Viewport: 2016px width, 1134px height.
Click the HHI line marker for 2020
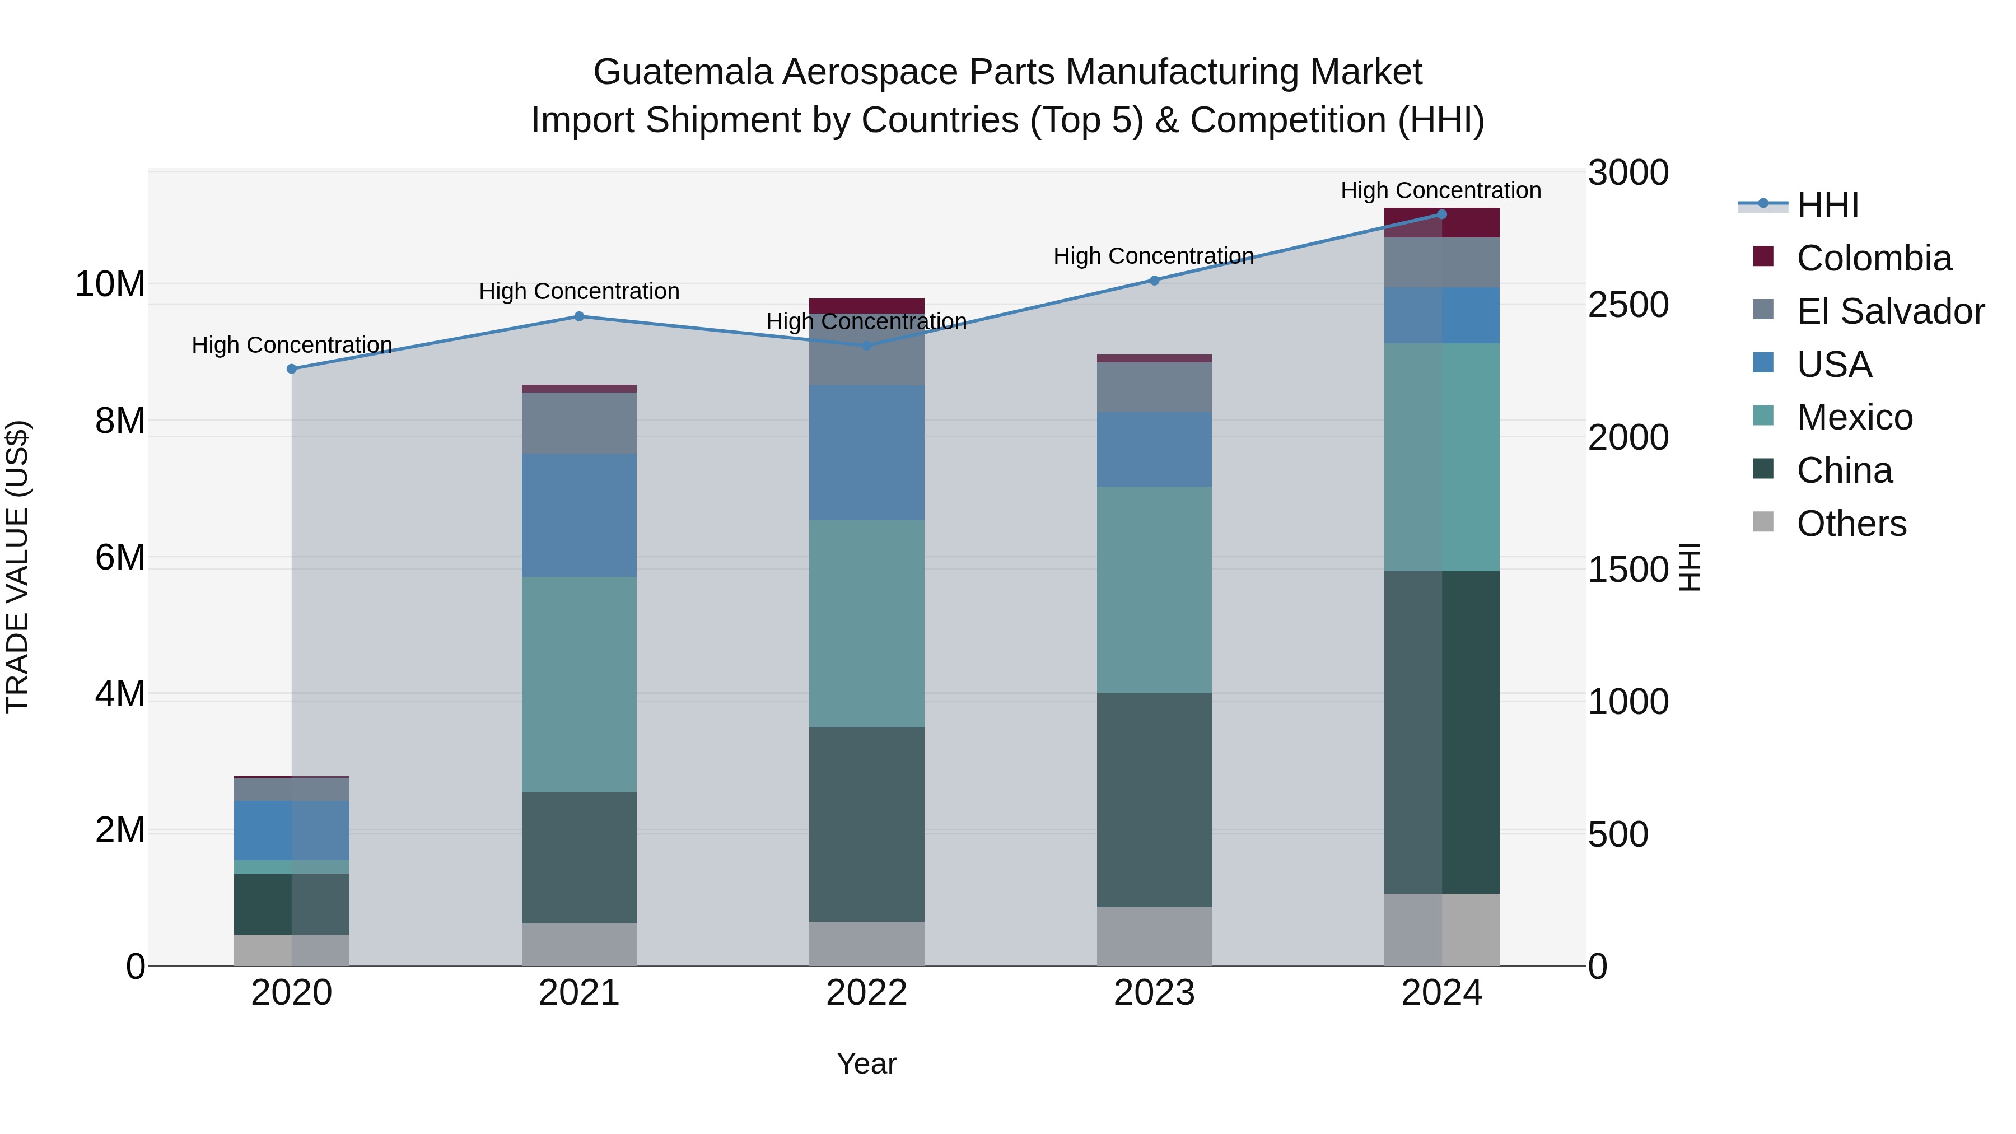292,368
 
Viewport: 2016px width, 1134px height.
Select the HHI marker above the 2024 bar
1441,214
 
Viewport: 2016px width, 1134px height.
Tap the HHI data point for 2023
1154,280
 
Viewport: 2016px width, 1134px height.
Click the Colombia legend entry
1874,258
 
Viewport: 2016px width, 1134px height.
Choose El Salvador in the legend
1890,311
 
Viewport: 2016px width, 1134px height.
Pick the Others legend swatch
1763,522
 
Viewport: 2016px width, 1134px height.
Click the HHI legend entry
1827,205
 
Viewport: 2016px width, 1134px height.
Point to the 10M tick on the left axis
110,284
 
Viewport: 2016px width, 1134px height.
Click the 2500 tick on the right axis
1628,305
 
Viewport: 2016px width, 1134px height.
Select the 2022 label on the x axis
866,993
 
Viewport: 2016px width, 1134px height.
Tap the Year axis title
866,1063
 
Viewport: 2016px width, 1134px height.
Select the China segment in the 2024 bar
1441,732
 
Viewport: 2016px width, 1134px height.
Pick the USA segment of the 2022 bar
866,452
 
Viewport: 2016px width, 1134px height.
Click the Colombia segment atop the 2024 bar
1441,222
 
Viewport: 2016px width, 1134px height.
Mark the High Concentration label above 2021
579,291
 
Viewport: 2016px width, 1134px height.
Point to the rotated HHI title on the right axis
1691,567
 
